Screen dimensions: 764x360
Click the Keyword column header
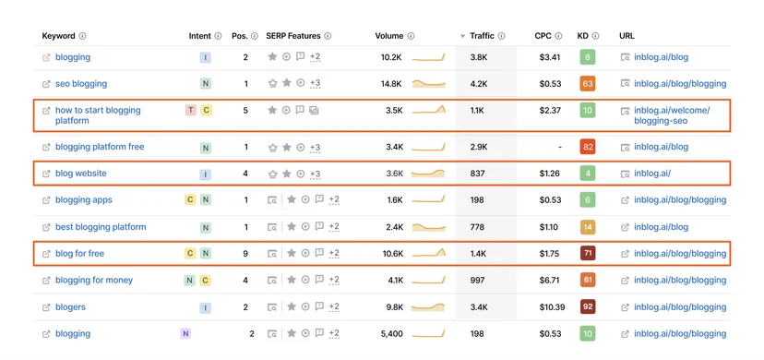point(58,36)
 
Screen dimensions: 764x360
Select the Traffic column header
point(482,36)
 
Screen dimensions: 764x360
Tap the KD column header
point(583,36)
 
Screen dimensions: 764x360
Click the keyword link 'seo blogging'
point(81,84)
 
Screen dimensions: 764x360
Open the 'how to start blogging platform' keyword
point(98,115)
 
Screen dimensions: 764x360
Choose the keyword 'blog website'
point(81,174)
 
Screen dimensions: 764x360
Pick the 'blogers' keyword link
point(70,307)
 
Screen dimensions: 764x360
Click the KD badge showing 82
point(588,147)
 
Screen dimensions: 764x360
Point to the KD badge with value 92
point(588,307)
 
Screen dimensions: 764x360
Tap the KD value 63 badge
point(588,84)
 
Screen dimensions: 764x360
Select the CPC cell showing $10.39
point(552,307)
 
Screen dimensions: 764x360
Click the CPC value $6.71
point(550,281)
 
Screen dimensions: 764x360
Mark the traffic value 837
point(478,174)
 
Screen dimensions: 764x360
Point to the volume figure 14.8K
point(391,84)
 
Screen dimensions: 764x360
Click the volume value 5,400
point(392,334)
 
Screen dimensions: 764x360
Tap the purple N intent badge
point(185,334)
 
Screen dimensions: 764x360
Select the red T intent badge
point(190,111)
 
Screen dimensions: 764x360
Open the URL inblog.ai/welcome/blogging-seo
point(672,115)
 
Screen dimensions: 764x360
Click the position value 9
point(245,254)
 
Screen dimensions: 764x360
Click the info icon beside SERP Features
point(328,36)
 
